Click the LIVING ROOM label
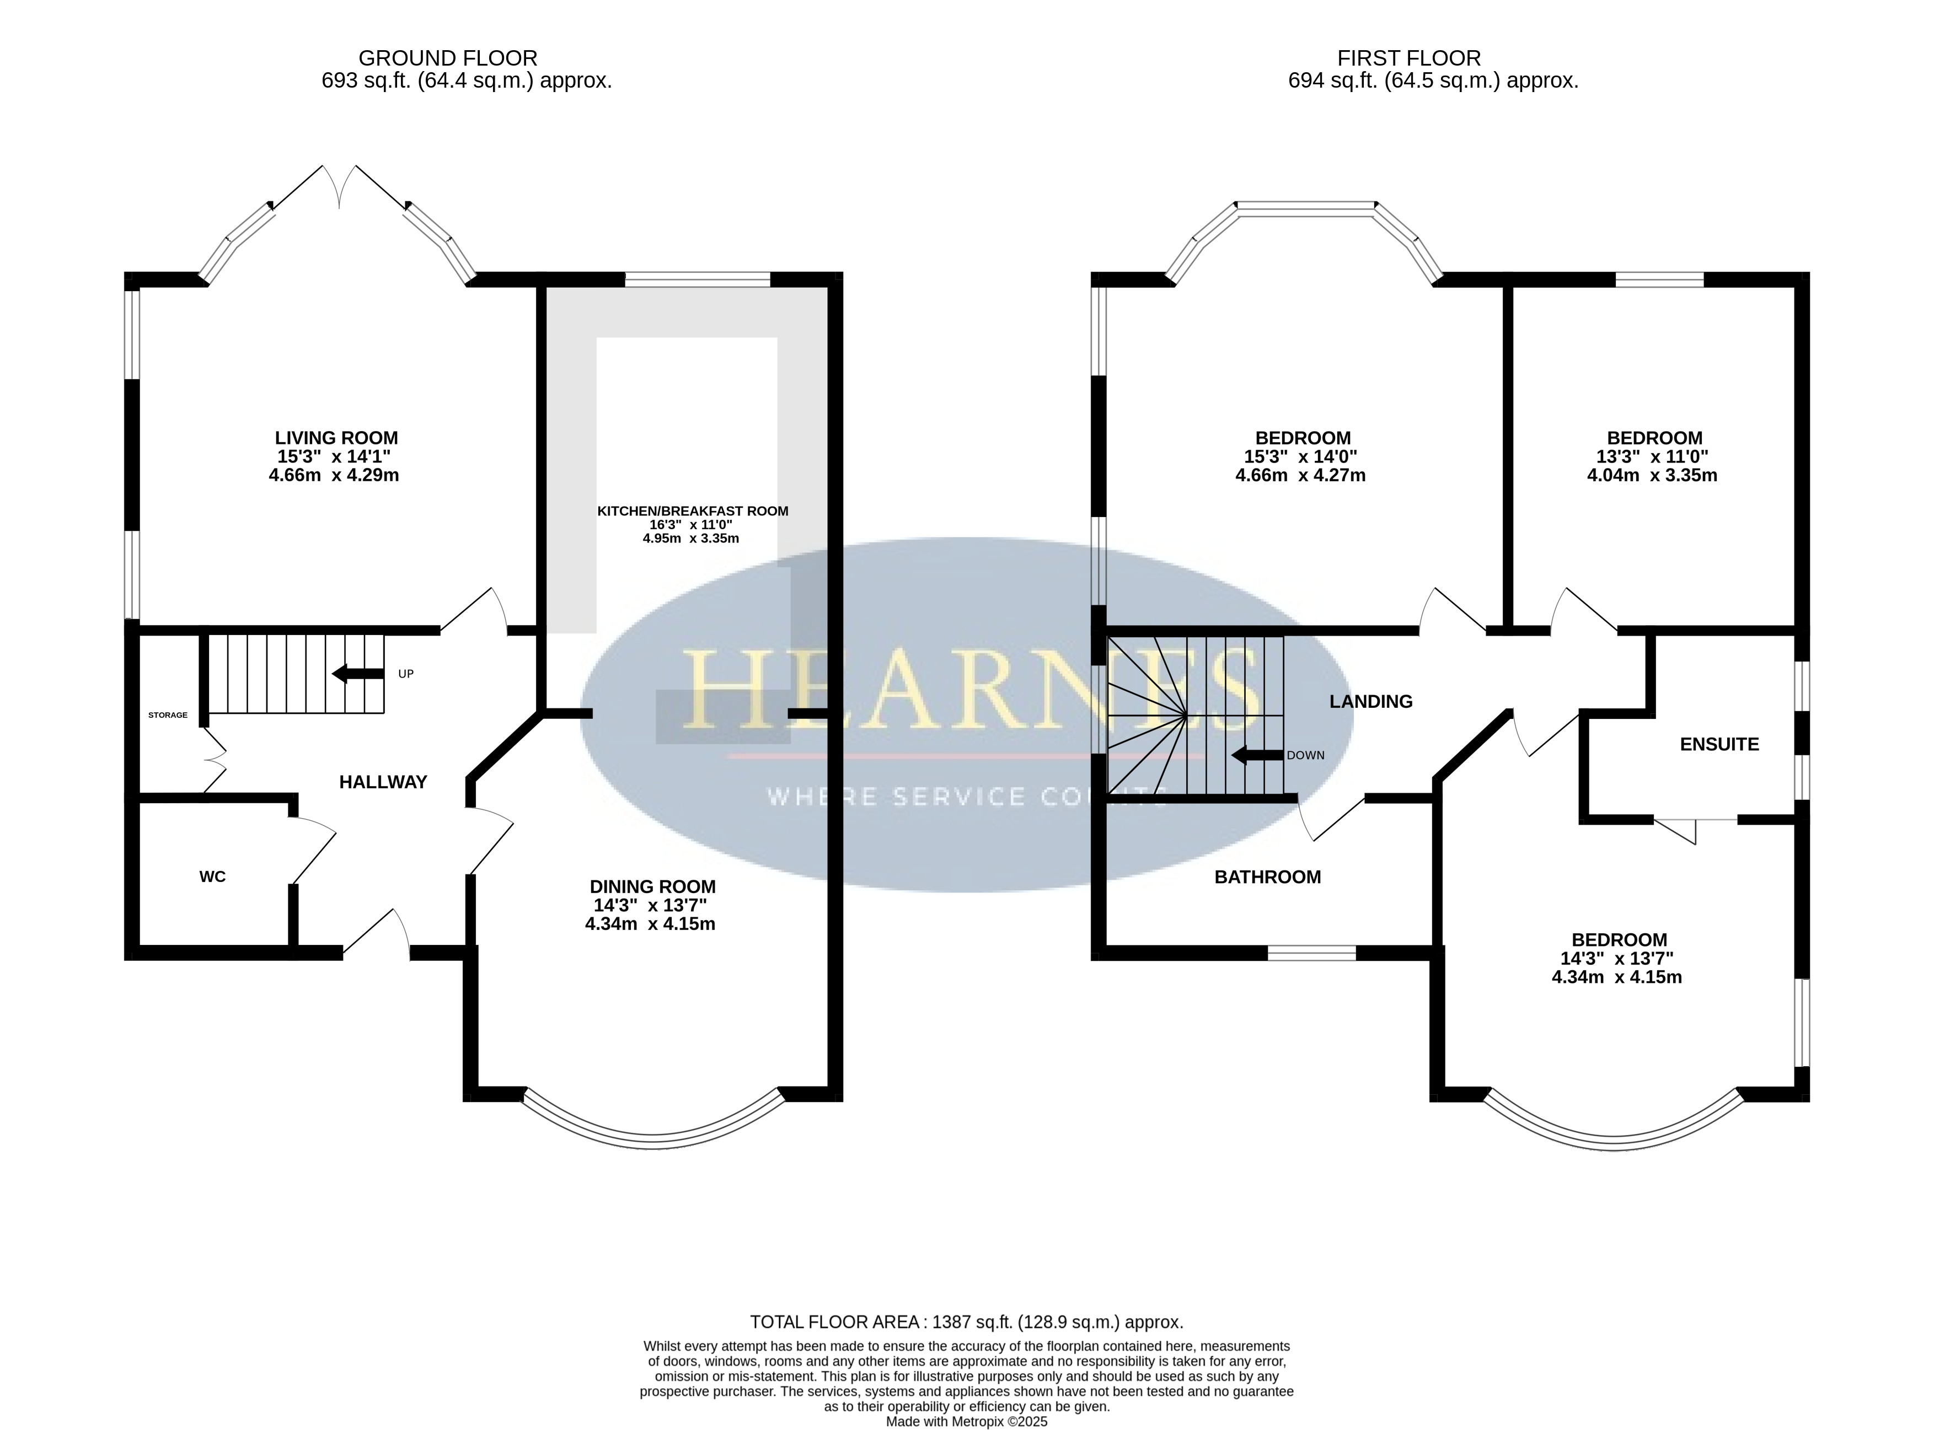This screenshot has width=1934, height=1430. tap(337, 438)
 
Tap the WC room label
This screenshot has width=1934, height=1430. tap(212, 877)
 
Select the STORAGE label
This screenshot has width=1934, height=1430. tap(168, 715)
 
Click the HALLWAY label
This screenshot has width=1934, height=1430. tap(383, 782)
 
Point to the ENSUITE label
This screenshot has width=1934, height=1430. tap(1719, 744)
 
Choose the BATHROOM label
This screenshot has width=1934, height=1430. tap(1267, 877)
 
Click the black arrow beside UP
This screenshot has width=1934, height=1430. tap(358, 674)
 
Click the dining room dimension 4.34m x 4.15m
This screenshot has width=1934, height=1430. tap(650, 923)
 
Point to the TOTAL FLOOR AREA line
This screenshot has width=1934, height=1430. tap(966, 1322)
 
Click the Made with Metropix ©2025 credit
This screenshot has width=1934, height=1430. tap(966, 1421)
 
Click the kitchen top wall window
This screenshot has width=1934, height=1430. tap(698, 279)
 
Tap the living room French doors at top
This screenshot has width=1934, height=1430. tap(339, 186)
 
